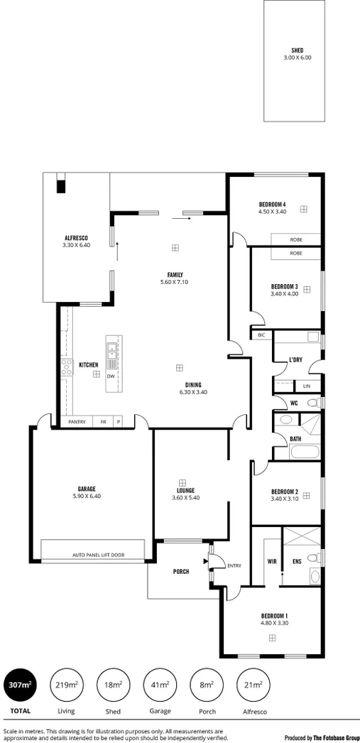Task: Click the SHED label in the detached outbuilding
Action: [297, 50]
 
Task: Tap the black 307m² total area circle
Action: [20, 685]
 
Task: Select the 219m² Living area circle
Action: [66, 685]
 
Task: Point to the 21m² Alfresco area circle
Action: [253, 685]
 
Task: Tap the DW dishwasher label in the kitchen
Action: [111, 376]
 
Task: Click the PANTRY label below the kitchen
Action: [77, 422]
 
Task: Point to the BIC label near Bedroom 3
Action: [261, 335]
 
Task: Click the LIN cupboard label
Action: [307, 386]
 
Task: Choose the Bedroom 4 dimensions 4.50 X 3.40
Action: [272, 212]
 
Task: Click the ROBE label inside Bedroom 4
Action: [295, 239]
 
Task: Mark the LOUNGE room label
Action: [186, 490]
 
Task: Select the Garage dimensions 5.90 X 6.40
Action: [87, 497]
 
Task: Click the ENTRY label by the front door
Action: [234, 565]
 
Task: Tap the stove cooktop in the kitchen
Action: [66, 367]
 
